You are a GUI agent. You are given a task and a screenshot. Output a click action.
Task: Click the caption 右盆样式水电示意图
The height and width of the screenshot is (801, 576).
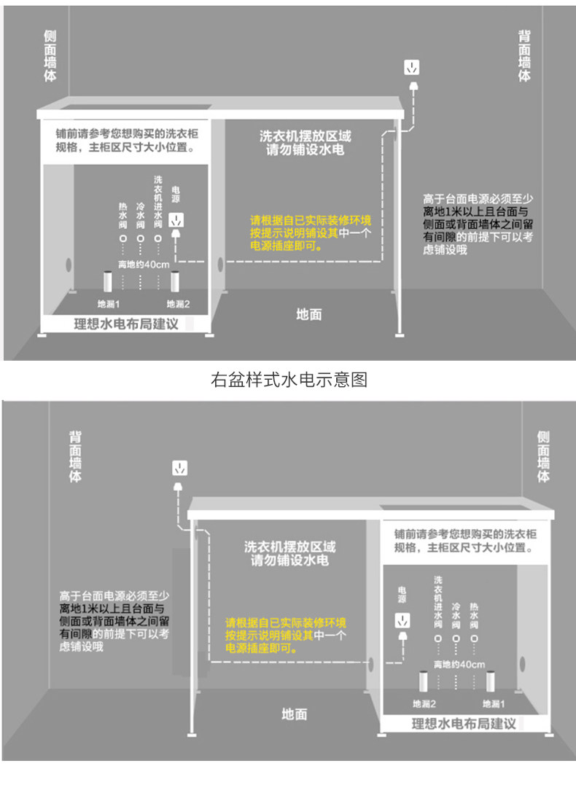(288, 380)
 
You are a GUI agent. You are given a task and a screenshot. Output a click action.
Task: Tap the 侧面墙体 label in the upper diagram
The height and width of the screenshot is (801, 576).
(50, 56)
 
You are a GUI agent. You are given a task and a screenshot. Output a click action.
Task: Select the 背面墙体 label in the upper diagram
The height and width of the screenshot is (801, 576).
(524, 56)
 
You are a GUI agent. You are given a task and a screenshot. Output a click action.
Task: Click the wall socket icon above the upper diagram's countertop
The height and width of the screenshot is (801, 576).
(413, 68)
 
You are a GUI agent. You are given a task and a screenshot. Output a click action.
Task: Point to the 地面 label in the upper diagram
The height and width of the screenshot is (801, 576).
(308, 314)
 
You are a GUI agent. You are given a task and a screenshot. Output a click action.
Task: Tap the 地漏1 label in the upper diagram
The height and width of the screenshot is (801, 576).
(108, 304)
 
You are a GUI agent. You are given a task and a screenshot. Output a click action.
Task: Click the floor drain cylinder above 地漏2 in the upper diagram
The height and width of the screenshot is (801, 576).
(175, 281)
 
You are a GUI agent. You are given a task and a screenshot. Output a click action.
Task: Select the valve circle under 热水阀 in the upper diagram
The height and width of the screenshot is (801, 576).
(123, 238)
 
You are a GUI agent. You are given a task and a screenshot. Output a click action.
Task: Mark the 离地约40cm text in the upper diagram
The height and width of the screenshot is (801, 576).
(144, 263)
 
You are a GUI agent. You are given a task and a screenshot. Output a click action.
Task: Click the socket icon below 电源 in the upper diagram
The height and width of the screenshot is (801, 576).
(176, 219)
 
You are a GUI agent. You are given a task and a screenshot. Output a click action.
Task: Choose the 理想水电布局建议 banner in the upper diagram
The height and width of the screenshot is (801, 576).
(126, 324)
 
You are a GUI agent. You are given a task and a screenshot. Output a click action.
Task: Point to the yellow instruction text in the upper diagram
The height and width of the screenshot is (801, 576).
(311, 233)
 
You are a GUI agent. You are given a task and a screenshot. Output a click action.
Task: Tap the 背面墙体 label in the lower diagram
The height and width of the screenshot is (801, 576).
(75, 456)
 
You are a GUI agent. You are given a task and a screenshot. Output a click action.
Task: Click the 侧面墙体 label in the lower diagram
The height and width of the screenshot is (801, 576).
(543, 456)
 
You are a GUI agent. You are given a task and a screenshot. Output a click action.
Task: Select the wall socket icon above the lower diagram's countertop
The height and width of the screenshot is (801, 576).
(179, 468)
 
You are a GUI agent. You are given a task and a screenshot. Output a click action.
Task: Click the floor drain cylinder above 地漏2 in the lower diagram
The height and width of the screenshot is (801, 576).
(423, 681)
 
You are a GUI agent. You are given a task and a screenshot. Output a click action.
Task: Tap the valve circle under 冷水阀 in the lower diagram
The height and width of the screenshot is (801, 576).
(456, 638)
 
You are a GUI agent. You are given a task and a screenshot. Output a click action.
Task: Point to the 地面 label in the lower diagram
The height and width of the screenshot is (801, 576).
(294, 714)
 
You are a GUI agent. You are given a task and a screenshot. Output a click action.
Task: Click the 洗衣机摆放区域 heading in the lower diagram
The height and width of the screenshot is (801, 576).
(290, 547)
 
